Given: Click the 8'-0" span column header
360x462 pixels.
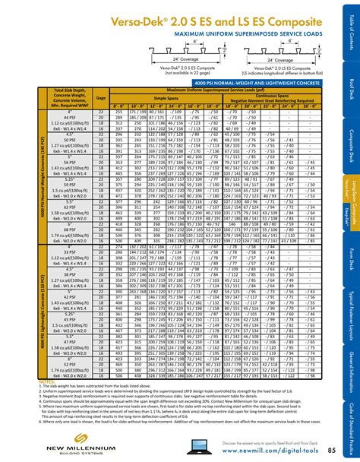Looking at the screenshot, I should point(118,105).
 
